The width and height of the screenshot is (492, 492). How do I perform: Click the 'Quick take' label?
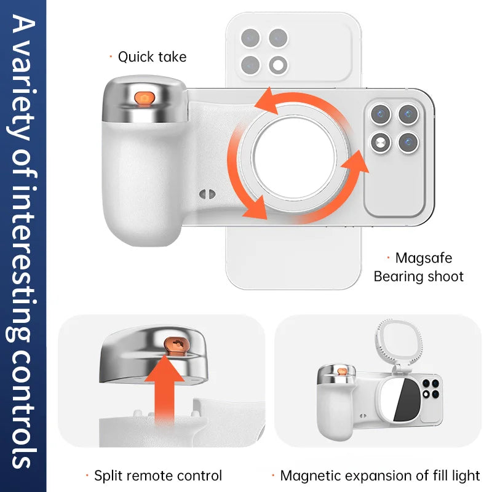(152, 57)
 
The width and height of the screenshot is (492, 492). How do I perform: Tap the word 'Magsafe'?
(424, 258)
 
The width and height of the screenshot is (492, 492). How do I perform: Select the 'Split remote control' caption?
(158, 475)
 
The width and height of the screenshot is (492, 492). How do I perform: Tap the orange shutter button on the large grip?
(145, 98)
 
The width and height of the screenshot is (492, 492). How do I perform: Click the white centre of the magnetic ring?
(294, 158)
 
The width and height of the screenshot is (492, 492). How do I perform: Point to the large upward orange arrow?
(164, 389)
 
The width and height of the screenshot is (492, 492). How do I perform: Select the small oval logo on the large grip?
(207, 194)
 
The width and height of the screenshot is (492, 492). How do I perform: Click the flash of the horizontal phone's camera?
(381, 143)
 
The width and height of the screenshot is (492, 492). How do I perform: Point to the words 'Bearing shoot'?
(419, 277)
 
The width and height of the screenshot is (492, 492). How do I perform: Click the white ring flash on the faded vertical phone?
(278, 65)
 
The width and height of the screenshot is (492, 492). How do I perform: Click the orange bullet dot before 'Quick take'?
(111, 57)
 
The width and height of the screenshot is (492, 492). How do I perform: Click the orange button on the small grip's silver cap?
(342, 371)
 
